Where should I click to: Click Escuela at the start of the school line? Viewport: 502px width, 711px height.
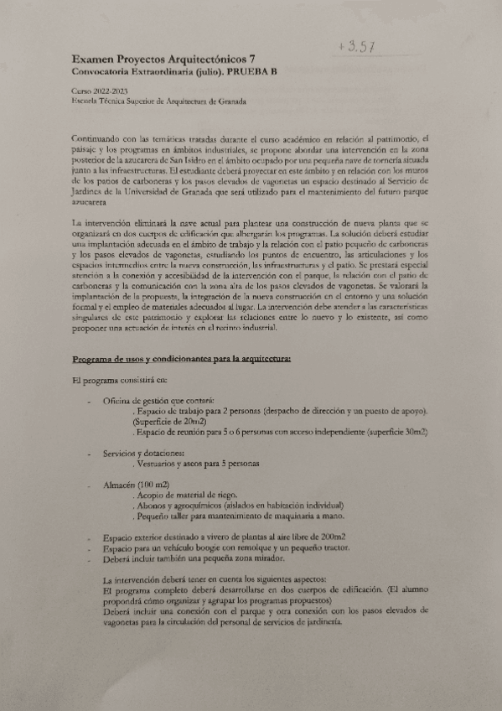tap(85, 101)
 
